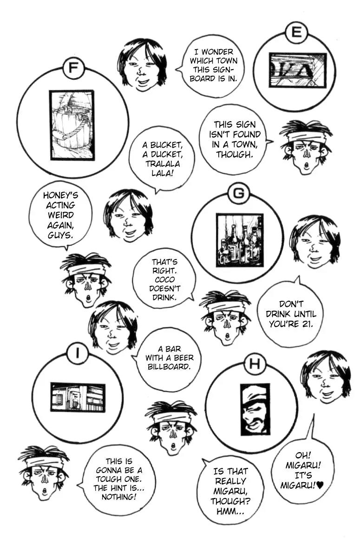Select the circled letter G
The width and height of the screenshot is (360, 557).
239,193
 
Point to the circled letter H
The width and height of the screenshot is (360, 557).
254,364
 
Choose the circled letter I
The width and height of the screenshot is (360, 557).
78,353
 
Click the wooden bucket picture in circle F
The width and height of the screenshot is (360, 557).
72,125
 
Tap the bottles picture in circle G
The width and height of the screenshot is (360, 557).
240,240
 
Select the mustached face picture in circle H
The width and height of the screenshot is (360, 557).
255,409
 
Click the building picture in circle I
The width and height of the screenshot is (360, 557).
78,397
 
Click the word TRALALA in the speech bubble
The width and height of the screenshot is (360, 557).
163,164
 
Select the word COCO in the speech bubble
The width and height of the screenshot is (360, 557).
164,280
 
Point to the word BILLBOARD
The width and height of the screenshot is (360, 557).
169,367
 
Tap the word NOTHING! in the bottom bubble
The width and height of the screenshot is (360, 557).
118,497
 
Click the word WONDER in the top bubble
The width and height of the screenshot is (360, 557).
217,52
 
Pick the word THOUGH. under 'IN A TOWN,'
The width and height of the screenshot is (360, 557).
235,155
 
